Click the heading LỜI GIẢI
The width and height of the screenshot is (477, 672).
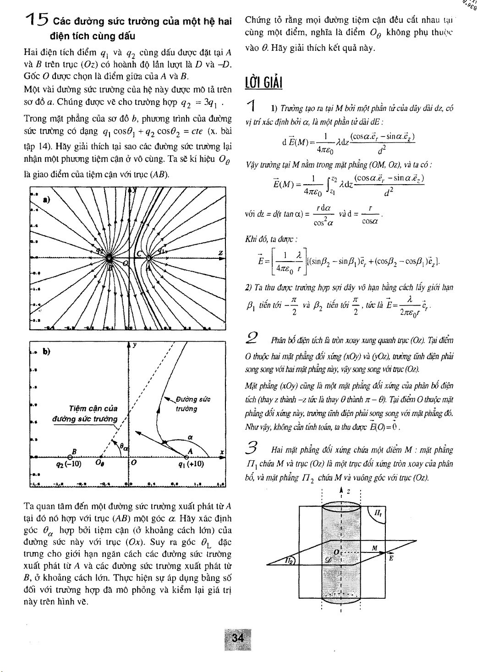(263, 83)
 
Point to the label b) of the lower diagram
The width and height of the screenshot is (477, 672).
(46, 351)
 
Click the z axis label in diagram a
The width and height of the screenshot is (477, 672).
(221, 253)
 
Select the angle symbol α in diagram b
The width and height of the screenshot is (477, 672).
(189, 437)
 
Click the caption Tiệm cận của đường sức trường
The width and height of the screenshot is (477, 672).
(93, 414)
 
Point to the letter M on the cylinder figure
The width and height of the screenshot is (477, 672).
(374, 549)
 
